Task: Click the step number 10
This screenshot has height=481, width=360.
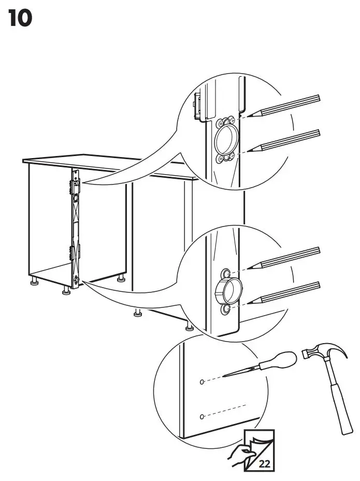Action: [21, 19]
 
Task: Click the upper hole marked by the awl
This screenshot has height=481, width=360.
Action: [202, 381]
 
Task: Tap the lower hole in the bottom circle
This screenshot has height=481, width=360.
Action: [202, 416]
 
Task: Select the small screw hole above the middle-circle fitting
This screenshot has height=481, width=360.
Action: [226, 273]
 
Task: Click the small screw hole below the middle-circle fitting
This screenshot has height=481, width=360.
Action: [226, 309]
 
